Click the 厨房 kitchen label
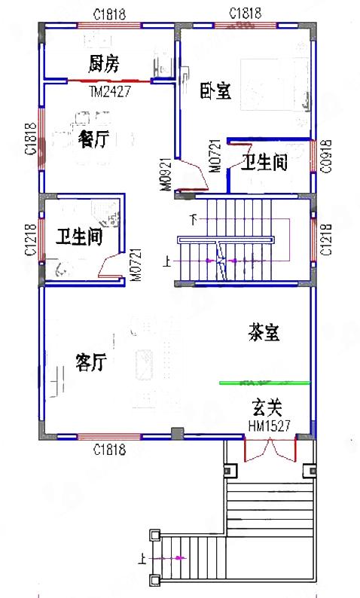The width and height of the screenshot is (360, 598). [x=103, y=63]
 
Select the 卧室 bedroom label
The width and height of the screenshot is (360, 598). [x=215, y=91]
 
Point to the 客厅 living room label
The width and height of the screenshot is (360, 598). [x=90, y=362]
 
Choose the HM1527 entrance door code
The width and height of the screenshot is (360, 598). [x=269, y=426]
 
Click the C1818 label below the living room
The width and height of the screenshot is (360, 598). [x=109, y=451]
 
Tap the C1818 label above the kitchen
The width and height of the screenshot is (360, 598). [x=109, y=14]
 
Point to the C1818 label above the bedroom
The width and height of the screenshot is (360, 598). [x=245, y=14]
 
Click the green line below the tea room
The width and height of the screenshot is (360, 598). [x=264, y=383]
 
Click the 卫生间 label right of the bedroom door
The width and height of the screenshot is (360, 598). [x=264, y=162]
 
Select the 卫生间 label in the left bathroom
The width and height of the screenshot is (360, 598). [x=79, y=238]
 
